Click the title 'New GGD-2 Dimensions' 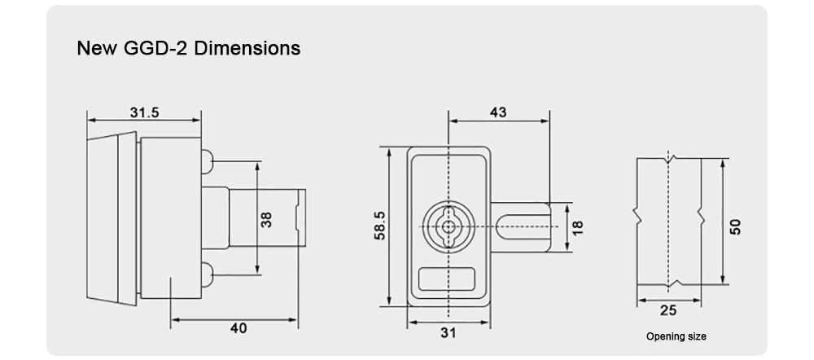click(x=188, y=48)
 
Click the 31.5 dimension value click(x=144, y=112)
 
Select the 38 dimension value click(x=266, y=218)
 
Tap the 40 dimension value click(x=238, y=328)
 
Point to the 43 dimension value click(x=497, y=112)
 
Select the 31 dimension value click(x=448, y=332)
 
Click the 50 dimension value click(x=736, y=226)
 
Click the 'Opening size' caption click(x=676, y=336)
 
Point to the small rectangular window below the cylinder click(x=446, y=279)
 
